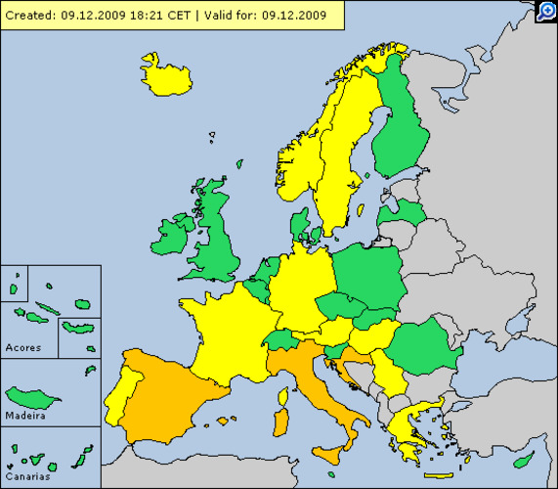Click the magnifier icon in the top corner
coord(546,11)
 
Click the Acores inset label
coord(23,347)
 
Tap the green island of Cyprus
coord(526,459)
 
